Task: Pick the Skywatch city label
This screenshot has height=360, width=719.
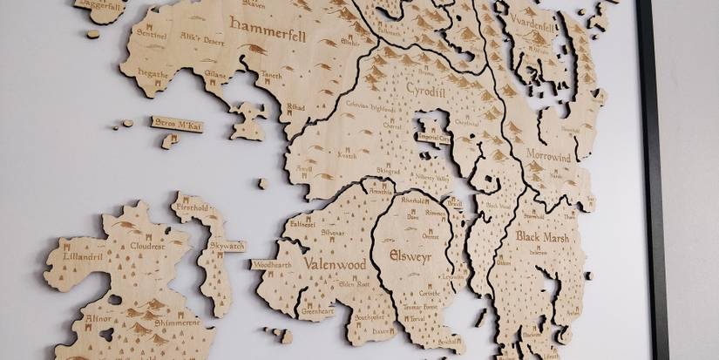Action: point(227,247)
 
